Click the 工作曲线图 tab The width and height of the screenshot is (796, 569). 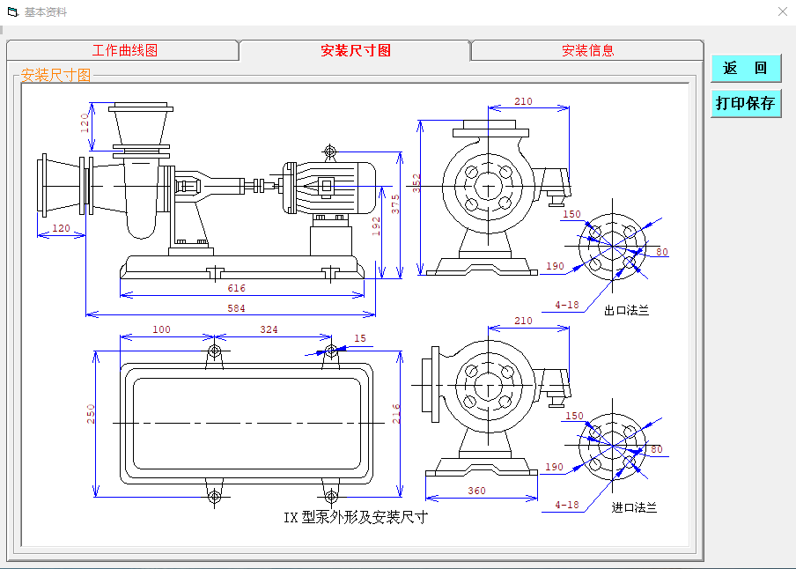[x=124, y=51]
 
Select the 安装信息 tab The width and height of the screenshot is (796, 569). [x=587, y=51]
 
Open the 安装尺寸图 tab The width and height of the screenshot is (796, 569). [x=355, y=51]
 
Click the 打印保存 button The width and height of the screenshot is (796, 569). [x=745, y=103]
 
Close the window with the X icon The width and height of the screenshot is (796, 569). [x=782, y=11]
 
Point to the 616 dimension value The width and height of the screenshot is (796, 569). [x=237, y=288]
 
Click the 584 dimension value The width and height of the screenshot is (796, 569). [x=237, y=308]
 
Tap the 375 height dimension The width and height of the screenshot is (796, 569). [x=395, y=203]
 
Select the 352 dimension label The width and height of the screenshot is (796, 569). [x=417, y=182]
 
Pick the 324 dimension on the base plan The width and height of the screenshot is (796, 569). [x=269, y=329]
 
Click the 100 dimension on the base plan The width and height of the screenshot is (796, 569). [x=161, y=329]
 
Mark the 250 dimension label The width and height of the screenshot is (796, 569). [x=91, y=414]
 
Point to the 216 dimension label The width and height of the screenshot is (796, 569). [x=396, y=414]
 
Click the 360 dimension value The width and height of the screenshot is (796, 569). [x=476, y=491]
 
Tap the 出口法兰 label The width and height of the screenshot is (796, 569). [x=626, y=311]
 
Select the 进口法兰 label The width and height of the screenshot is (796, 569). [x=634, y=507]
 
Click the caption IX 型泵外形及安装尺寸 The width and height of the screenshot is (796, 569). [x=355, y=517]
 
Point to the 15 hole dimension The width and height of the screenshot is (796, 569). [x=359, y=338]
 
